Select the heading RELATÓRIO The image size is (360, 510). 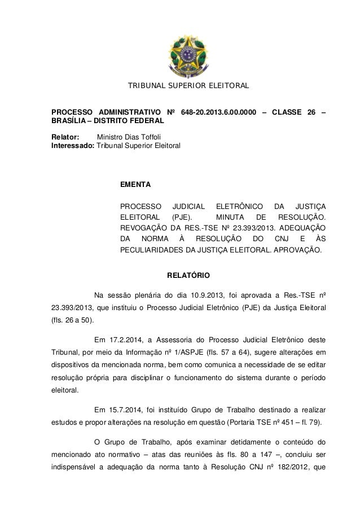[188, 276]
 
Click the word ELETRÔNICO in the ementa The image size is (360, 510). [232, 206]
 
